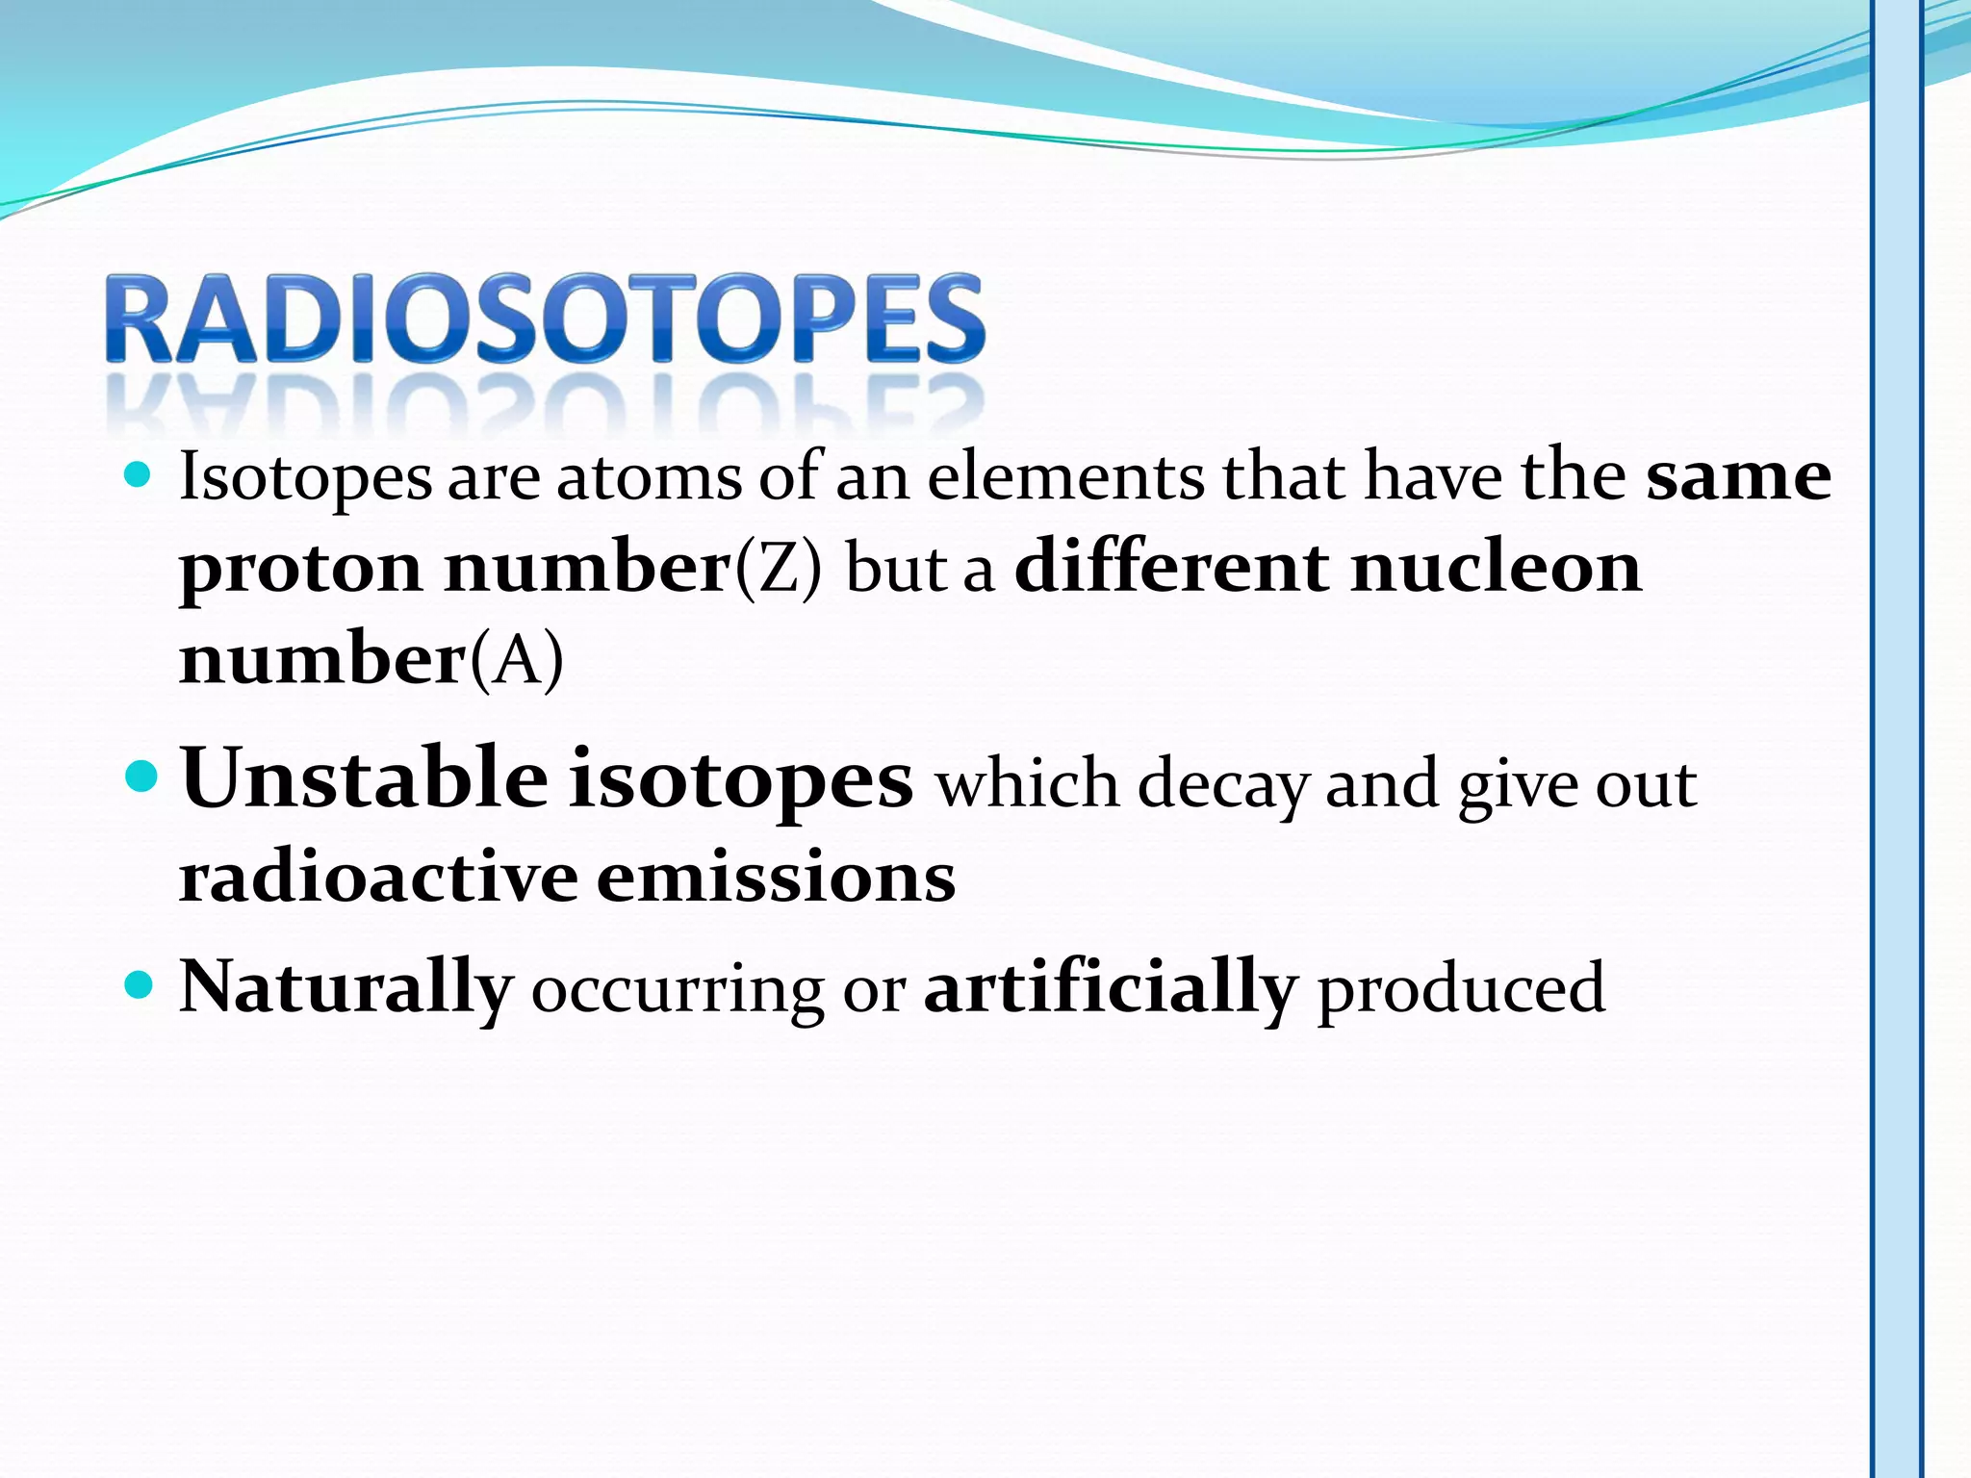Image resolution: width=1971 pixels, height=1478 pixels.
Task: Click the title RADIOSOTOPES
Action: coord(545,319)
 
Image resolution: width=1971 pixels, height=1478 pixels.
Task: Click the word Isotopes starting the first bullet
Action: coord(306,478)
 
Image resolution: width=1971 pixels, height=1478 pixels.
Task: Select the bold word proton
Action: coord(300,570)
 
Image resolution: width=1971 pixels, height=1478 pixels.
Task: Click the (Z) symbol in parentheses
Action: coord(779,568)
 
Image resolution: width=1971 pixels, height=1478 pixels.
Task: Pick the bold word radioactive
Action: coord(379,878)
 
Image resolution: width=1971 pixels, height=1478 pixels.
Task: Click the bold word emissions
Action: coord(776,878)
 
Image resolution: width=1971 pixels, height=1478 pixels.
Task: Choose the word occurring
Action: coord(678,991)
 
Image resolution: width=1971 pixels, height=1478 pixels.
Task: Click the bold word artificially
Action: coord(1111,987)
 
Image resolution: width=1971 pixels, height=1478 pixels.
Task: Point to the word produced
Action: coord(1461,989)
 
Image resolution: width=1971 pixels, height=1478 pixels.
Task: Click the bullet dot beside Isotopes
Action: coord(140,475)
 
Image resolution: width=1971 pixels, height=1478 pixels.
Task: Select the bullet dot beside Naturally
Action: coord(140,985)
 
